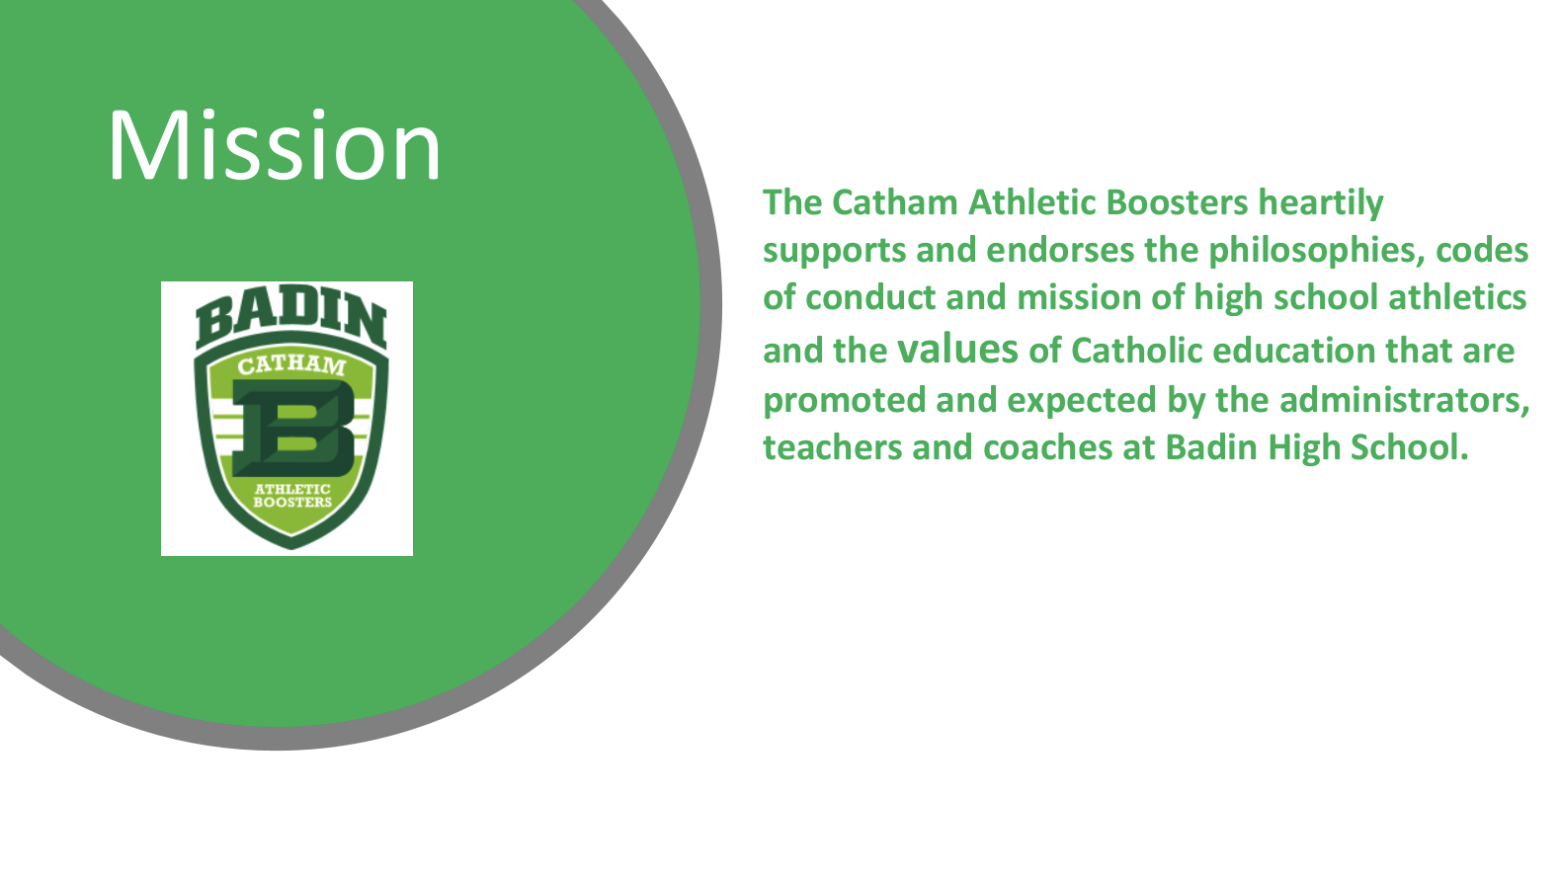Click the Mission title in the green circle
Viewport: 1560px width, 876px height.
(275, 146)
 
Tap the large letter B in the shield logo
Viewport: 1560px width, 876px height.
(293, 428)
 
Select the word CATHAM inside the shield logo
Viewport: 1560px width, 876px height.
(291, 365)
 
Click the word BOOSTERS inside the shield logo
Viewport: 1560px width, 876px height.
(292, 502)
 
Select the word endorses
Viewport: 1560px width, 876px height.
(1060, 250)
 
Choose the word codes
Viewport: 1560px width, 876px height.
(1482, 250)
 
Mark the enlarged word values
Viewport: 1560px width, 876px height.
(957, 349)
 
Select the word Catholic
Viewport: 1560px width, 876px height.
(1136, 351)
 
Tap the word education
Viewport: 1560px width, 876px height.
(1294, 351)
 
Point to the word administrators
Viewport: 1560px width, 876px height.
(1405, 400)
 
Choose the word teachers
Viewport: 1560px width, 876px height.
(833, 447)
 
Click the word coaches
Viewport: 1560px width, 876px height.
(1048, 447)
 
